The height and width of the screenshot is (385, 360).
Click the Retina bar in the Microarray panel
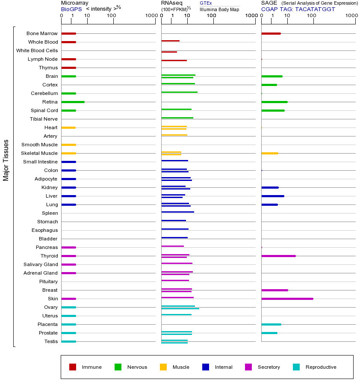73,102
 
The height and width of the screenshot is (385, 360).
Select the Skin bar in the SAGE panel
287,299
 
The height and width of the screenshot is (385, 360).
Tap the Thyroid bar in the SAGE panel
278,256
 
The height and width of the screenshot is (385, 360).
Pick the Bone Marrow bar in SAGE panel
271,33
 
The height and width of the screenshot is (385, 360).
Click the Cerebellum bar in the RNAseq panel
179,92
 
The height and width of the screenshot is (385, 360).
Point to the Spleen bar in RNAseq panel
177,212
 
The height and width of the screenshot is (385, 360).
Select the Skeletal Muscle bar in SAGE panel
269,153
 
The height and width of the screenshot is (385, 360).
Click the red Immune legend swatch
73,367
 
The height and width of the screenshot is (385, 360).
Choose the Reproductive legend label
321,367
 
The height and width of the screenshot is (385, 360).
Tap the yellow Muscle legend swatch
163,367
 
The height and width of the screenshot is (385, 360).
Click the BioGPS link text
70,9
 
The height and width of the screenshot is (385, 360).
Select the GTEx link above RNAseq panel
206,3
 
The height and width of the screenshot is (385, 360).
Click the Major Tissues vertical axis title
6,160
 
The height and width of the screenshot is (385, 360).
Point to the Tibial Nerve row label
44,119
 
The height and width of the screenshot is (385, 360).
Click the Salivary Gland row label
41,264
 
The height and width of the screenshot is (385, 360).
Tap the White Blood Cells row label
37,50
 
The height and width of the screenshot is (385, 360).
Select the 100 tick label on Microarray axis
112,16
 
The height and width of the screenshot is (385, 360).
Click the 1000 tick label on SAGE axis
351,16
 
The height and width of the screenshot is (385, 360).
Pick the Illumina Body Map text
219,9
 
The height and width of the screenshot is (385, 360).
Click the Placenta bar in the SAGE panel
271,324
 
